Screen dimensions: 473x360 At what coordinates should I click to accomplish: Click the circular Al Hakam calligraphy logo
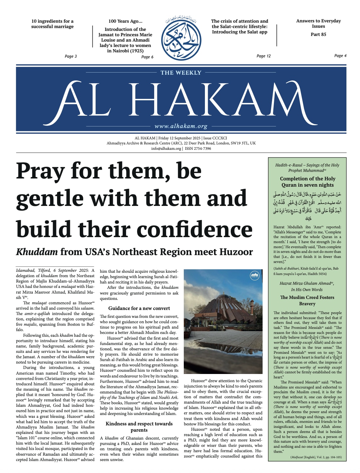(181, 39)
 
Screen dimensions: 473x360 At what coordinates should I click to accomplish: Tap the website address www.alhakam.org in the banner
(181, 126)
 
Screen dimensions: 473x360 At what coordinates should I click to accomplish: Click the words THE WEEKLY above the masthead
(181, 73)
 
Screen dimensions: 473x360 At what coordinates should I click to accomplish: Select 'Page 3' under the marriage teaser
(71, 56)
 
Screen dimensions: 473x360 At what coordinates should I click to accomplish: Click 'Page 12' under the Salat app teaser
(264, 56)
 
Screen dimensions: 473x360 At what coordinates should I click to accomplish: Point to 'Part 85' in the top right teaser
(318, 34)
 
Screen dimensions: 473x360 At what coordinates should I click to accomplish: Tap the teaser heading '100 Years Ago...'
(125, 21)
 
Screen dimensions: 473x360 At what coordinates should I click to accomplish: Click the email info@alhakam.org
(166, 149)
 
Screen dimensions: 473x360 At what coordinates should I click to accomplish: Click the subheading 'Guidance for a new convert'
(139, 308)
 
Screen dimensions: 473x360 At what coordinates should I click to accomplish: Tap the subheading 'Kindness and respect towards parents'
(139, 427)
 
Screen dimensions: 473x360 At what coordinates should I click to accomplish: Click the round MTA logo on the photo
(254, 275)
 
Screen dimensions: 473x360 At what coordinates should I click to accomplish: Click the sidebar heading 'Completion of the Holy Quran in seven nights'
(307, 182)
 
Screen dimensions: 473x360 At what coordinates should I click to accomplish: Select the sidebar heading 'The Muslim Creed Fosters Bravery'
(307, 300)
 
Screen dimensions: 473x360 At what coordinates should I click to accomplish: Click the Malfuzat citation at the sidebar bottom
(316, 457)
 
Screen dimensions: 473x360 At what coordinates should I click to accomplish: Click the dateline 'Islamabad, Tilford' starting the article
(34, 271)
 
